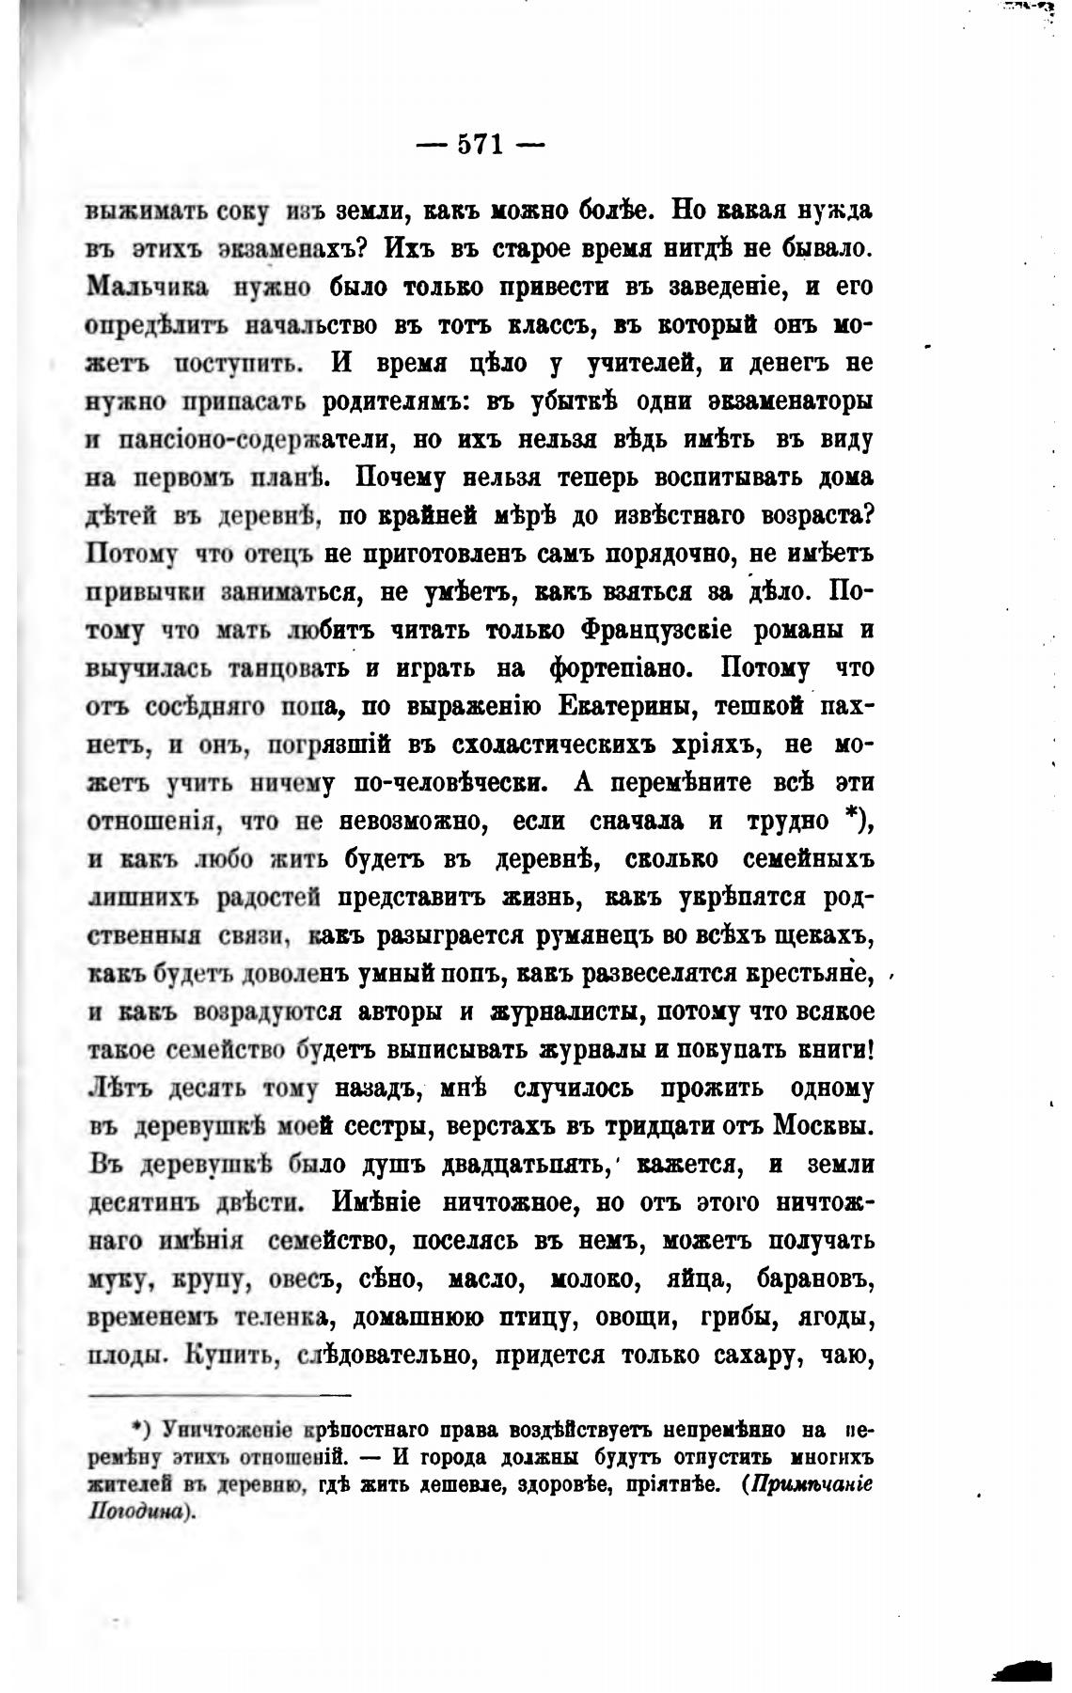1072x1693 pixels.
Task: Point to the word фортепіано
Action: point(614,667)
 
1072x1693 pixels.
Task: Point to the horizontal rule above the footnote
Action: point(218,1396)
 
